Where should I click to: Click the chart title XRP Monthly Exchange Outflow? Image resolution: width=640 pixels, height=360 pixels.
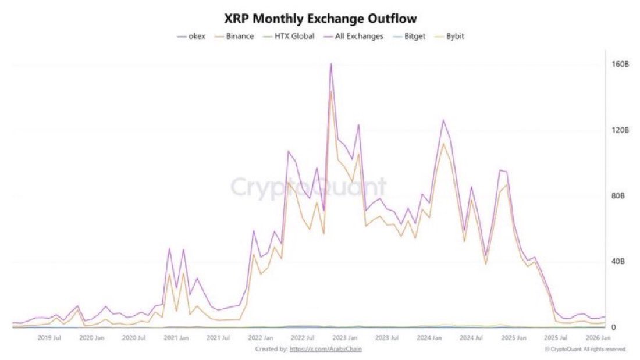321,19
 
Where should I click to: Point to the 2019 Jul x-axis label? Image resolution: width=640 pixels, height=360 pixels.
49,337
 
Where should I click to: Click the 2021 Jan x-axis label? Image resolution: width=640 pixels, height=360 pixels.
175,337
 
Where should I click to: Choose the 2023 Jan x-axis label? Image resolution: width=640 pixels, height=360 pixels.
344,337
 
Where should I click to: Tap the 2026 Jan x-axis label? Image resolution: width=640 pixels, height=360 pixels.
598,337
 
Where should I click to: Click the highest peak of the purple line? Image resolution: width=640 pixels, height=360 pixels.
331,64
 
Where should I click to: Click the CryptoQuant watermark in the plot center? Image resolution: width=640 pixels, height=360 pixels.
309,187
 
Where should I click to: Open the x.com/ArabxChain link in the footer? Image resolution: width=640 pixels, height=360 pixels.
329,348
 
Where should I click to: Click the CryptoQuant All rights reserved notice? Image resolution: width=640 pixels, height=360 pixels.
585,349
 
